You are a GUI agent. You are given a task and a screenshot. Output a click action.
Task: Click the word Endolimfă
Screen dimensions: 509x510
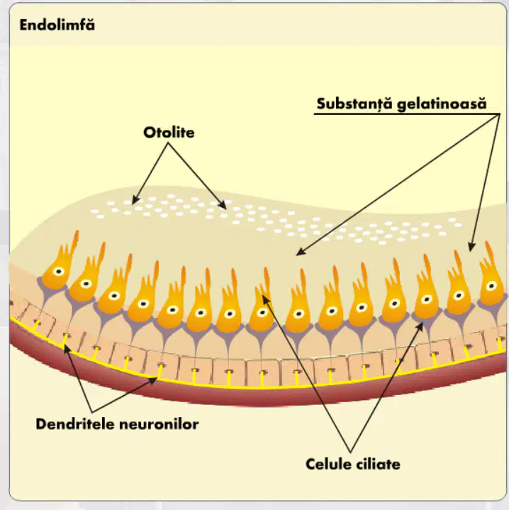click(57, 25)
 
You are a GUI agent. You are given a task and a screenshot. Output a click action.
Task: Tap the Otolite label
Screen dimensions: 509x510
click(169, 133)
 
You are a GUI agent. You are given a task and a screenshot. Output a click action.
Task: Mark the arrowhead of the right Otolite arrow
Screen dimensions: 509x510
click(224, 207)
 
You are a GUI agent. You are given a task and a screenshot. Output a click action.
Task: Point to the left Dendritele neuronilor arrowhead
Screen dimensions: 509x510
click(65, 347)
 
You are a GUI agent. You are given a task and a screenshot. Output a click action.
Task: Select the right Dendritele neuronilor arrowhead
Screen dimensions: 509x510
click(155, 379)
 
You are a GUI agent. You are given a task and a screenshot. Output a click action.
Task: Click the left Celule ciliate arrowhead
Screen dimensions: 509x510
click(264, 296)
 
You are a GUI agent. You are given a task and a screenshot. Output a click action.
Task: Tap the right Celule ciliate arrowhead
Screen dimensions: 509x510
click(423, 323)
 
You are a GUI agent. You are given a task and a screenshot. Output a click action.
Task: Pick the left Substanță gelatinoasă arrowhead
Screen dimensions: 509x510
click(298, 254)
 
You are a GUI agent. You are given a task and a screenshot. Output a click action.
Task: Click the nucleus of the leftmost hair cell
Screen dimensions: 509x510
click(59, 272)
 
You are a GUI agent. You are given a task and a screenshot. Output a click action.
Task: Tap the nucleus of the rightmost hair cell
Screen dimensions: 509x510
click(491, 287)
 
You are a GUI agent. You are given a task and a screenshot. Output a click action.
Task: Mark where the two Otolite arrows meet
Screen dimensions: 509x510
click(168, 143)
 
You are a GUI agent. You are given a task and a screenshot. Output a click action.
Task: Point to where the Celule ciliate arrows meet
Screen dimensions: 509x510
click(350, 451)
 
